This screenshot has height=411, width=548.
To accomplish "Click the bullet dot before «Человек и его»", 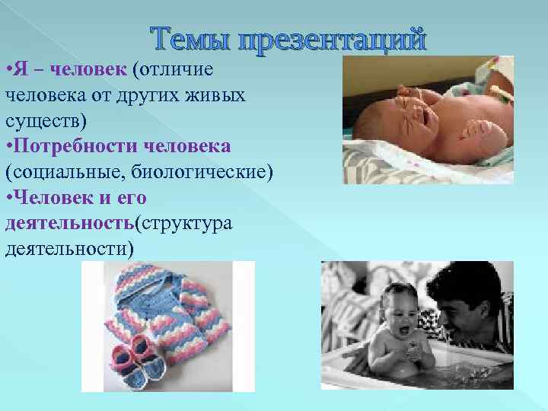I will pyautogui.click(x=8, y=197).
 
